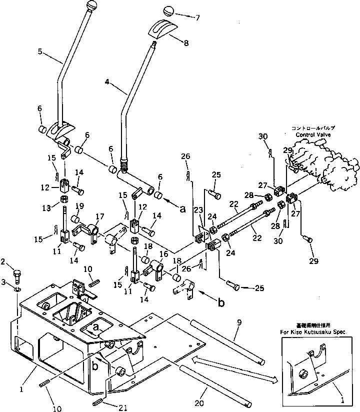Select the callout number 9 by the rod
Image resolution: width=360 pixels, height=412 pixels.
[238, 323]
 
